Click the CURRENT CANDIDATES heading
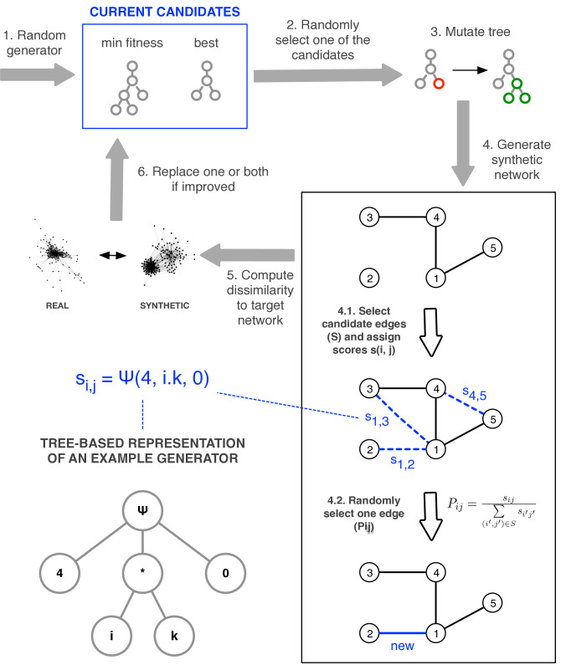point(165,12)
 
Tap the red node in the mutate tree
point(439,84)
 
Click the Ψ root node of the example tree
point(142,510)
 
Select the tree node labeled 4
point(59,573)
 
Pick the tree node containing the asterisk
point(142,573)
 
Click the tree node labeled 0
point(225,573)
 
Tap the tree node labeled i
point(111,636)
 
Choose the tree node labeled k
point(174,636)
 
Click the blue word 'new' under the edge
point(402,646)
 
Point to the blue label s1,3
point(377,419)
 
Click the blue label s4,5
point(474,394)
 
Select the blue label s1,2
point(403,463)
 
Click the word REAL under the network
point(57,305)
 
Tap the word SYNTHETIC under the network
point(165,305)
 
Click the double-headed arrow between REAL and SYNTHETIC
point(112,255)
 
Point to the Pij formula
point(491,511)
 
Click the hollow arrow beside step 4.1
point(431,332)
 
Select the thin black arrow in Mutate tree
point(470,70)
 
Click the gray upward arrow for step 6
point(116,180)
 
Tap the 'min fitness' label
point(132,43)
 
